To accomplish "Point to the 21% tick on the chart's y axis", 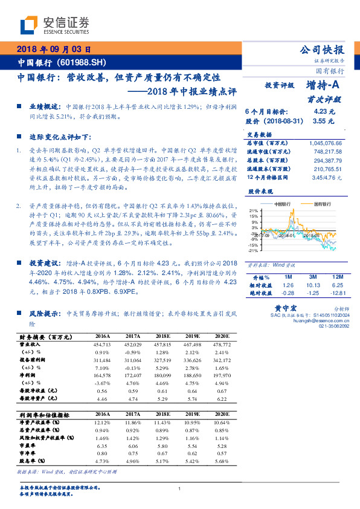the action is point(254,212).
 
